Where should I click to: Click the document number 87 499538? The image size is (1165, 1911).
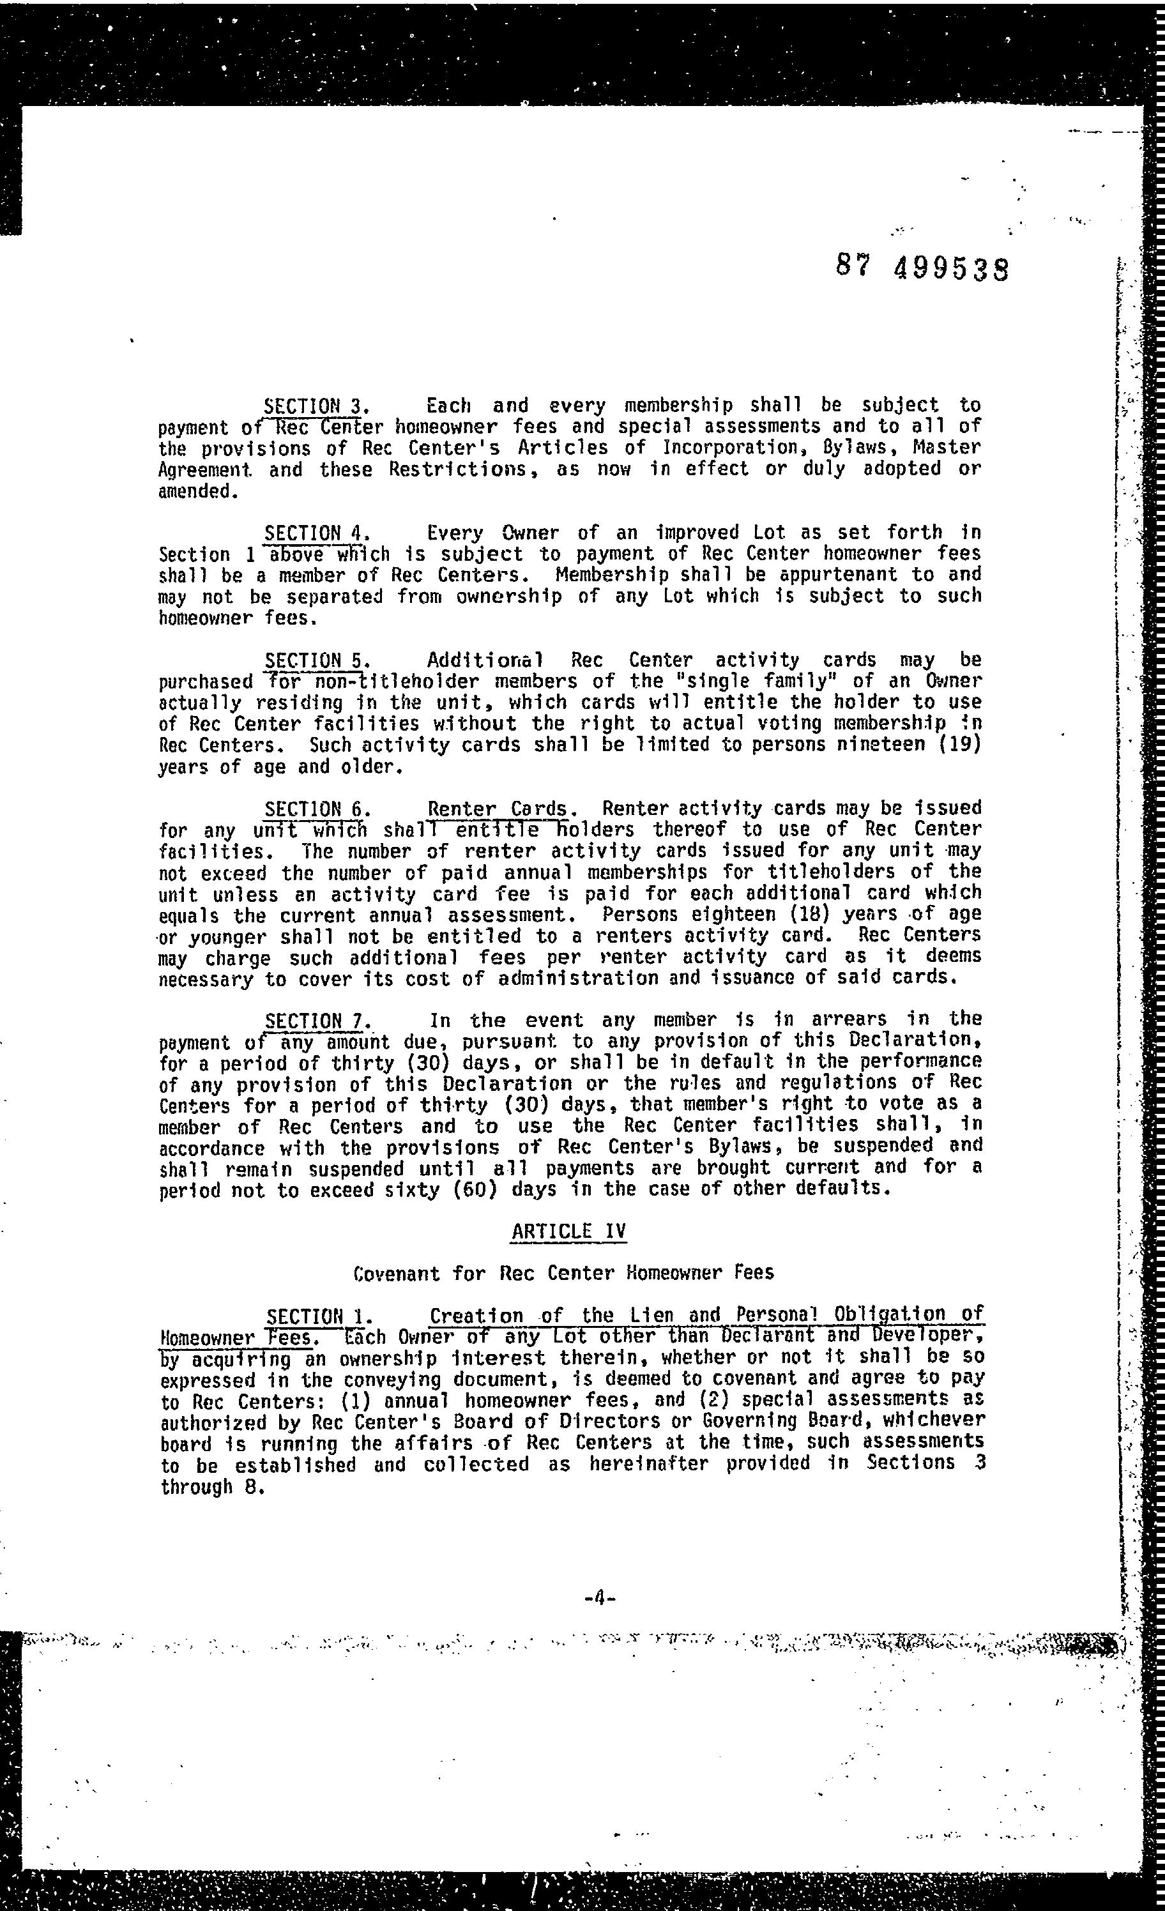[x=922, y=268]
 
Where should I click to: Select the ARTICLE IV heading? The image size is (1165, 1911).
[x=568, y=1231]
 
